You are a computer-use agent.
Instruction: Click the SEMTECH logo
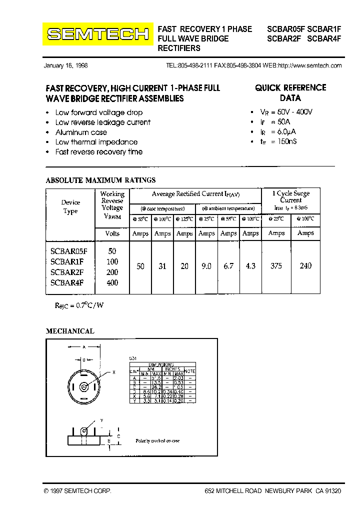tap(97, 34)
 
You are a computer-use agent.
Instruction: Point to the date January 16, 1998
tap(65, 66)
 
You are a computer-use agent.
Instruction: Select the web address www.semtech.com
tap(309, 66)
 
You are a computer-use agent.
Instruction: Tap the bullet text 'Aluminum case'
tap(81, 132)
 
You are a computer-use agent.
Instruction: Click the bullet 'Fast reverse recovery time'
tap(98, 152)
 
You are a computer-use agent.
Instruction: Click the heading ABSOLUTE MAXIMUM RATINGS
tap(100, 180)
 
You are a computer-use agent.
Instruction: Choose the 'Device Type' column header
tap(70, 207)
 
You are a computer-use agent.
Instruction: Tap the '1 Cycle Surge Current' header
tap(290, 196)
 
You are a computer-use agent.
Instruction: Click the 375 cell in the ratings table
tap(276, 266)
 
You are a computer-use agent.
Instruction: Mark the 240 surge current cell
tap(305, 266)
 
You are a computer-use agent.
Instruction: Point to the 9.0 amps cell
tap(206, 266)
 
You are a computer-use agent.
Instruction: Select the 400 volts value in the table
tap(112, 283)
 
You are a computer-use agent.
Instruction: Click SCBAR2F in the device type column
tap(67, 272)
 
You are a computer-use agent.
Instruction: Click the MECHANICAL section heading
tap(70, 331)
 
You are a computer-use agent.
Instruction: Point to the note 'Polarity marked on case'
tap(157, 441)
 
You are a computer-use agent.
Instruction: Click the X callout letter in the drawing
tap(114, 372)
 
